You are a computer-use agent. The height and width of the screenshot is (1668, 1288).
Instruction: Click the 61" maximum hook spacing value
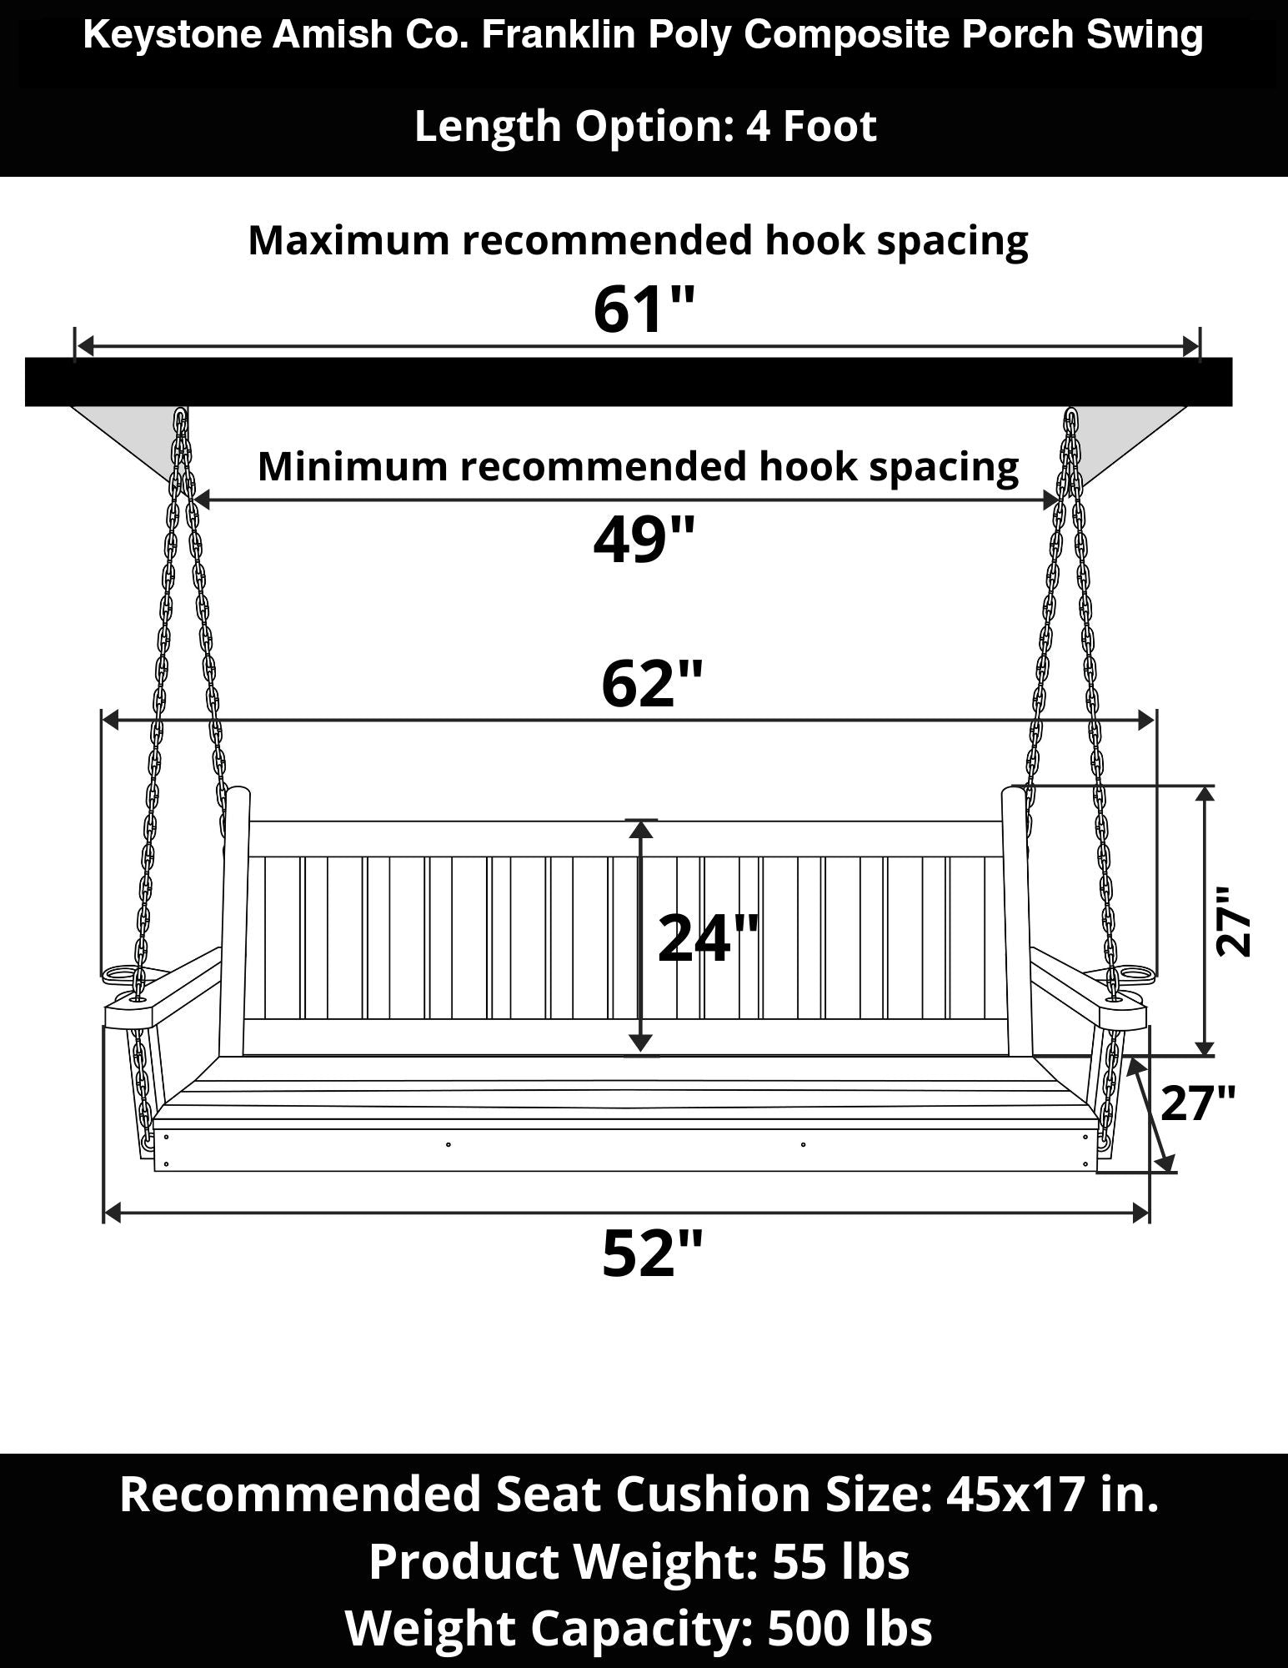pos(643,309)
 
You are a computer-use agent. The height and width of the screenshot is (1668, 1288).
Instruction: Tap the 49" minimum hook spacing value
pos(643,540)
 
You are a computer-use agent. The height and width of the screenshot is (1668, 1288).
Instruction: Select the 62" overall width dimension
pos(652,684)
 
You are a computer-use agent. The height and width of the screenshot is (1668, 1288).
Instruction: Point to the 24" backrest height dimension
pos(709,938)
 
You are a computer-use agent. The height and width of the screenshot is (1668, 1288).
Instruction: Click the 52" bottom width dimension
pos(652,1253)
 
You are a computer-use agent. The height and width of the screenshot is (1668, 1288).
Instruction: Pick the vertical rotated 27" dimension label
pos(1234,921)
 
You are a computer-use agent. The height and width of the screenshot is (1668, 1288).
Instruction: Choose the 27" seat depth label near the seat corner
pos(1198,1103)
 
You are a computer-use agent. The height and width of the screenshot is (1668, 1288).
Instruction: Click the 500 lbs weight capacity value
pos(849,1627)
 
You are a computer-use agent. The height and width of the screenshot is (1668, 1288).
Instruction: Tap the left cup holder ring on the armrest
pos(123,972)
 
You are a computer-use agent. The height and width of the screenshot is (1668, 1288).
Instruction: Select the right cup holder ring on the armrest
pos(1133,972)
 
